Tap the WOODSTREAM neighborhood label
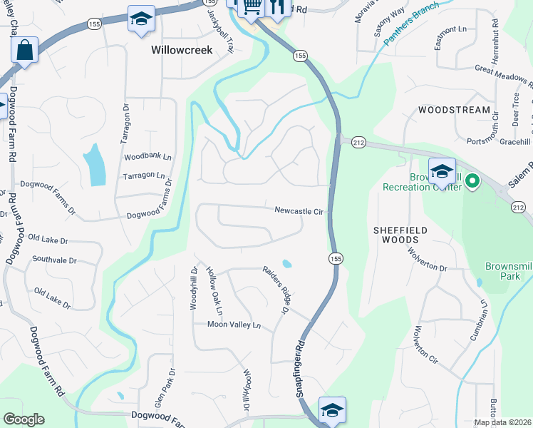click(x=455, y=111)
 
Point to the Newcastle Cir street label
click(x=299, y=211)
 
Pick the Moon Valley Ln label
click(x=234, y=325)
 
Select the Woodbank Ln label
click(x=148, y=156)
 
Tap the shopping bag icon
click(x=24, y=51)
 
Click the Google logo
click(x=24, y=419)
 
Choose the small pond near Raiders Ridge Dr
click(x=286, y=263)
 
